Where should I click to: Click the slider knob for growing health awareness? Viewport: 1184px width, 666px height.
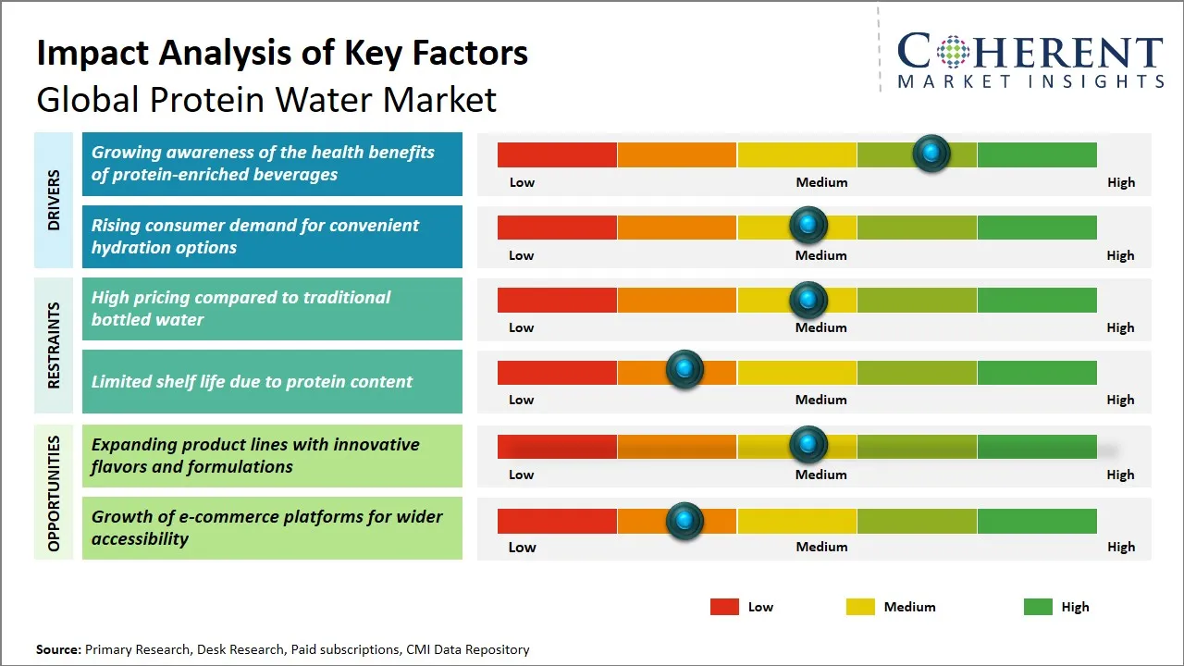(x=931, y=153)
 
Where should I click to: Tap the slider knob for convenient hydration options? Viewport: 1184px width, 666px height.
(x=808, y=225)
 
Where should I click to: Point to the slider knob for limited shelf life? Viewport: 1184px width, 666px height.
(x=684, y=369)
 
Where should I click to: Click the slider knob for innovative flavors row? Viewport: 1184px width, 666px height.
(x=808, y=445)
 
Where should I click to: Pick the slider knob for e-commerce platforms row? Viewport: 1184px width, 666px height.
(x=684, y=521)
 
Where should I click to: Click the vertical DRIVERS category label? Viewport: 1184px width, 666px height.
(x=54, y=200)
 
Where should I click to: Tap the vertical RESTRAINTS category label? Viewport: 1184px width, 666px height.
(x=54, y=345)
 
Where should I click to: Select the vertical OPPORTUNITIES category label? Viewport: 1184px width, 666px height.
(x=54, y=493)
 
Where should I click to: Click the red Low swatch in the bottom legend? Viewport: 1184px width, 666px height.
(x=724, y=607)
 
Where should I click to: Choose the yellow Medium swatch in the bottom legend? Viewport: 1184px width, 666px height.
(x=860, y=607)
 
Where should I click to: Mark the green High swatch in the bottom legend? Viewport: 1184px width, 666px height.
(x=1038, y=607)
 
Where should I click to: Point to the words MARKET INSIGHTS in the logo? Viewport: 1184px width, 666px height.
(x=1030, y=81)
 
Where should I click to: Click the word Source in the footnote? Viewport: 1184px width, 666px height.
(x=57, y=649)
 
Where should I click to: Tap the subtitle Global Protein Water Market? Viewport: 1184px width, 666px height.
(x=266, y=99)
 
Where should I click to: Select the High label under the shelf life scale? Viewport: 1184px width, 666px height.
(x=1120, y=400)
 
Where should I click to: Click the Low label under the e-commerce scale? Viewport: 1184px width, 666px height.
(x=522, y=547)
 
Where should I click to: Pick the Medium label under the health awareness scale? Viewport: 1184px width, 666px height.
(x=821, y=182)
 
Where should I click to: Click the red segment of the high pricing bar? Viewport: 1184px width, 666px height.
(x=557, y=300)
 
